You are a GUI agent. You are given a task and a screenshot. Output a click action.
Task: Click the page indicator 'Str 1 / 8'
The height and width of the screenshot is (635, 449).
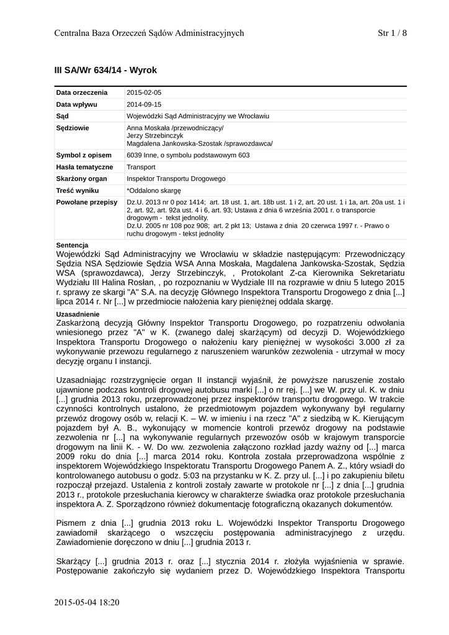click(x=392, y=33)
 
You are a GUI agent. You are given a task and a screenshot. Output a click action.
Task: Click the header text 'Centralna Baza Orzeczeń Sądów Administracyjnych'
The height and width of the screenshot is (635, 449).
click(x=149, y=33)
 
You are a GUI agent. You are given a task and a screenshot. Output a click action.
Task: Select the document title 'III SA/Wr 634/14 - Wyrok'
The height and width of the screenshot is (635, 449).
click(x=106, y=71)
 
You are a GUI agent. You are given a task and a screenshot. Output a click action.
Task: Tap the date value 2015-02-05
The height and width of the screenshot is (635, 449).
click(x=144, y=92)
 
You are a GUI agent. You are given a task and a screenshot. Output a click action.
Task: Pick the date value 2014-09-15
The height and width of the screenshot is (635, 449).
click(x=144, y=104)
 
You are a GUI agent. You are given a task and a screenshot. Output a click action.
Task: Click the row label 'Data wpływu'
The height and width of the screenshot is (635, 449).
click(x=77, y=104)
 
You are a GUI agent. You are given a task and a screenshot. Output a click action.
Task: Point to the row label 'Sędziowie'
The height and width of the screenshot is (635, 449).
click(x=73, y=128)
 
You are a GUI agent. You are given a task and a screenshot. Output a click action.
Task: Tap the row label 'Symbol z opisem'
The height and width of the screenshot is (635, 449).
click(x=84, y=155)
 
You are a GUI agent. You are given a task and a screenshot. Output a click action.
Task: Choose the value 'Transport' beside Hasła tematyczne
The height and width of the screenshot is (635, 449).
click(x=141, y=167)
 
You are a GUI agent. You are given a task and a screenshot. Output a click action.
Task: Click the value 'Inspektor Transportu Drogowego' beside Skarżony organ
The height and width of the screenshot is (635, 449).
click(x=176, y=179)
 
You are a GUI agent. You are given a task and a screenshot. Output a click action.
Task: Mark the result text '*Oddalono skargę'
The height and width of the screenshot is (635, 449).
click(x=153, y=190)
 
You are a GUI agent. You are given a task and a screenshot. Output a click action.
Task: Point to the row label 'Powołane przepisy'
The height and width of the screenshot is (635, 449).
click(x=87, y=202)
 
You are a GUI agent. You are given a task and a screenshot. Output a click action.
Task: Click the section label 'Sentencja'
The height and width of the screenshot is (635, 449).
click(x=73, y=245)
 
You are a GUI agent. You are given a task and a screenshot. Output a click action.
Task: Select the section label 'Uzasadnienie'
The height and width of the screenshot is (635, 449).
click(x=77, y=314)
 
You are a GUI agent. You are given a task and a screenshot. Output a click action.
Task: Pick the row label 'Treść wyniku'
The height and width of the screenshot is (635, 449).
click(x=78, y=190)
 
